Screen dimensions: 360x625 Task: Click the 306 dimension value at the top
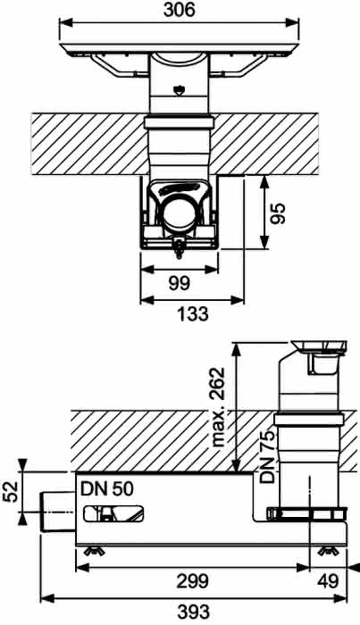pos(179,10)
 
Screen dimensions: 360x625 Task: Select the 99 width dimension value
pos(180,283)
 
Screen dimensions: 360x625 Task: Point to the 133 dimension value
pos(193,313)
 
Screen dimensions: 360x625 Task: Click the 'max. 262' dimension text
pos(218,407)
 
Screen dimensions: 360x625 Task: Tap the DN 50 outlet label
pos(107,488)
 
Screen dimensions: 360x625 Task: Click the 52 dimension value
pos(11,492)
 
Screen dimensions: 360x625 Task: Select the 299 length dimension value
pos(193,581)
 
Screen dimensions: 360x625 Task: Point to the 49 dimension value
pos(328,581)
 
